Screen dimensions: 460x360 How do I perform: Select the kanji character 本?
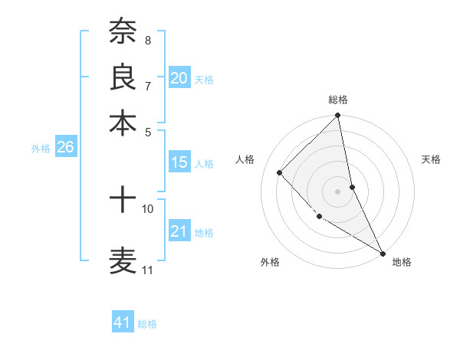tap(123, 122)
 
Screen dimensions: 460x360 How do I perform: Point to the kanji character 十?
tap(123, 201)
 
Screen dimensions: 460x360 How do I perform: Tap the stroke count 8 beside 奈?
tap(148, 40)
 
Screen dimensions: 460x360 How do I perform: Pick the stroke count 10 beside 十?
tap(148, 208)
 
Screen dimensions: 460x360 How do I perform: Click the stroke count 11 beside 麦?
tap(148, 270)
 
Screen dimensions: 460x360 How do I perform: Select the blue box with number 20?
tap(179, 78)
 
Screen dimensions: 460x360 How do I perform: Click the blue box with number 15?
tap(179, 162)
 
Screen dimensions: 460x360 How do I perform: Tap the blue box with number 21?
tap(179, 231)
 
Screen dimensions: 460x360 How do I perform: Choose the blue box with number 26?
tap(65, 148)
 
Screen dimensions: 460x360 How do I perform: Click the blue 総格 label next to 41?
tap(147, 324)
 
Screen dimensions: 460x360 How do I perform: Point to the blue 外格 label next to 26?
tap(41, 149)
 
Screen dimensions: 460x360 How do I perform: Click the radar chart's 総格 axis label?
tap(338, 100)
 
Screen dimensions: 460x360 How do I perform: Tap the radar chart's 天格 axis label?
tap(432, 159)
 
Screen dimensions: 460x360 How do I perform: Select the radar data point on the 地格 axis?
tap(383, 253)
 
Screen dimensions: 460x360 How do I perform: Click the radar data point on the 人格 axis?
tap(280, 172)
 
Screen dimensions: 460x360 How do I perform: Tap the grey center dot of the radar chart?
tap(338, 191)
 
